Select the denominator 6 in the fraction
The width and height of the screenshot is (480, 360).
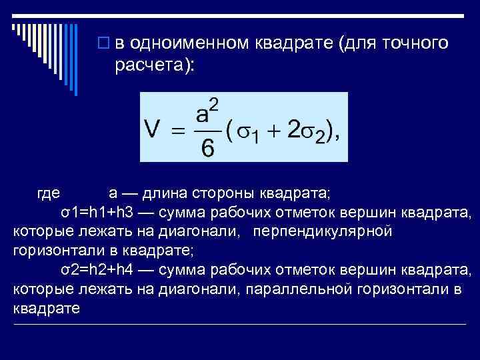[x=208, y=149]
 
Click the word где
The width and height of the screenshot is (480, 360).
[x=48, y=194]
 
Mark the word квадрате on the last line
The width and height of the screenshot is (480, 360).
[x=46, y=309]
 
